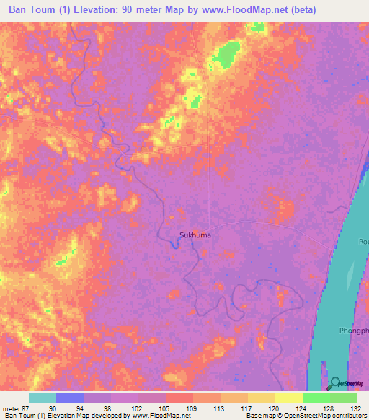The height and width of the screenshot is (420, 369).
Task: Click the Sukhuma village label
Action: click(195, 235)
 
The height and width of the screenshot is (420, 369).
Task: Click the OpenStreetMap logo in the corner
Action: click(346, 383)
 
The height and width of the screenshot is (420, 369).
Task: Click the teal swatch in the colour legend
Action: click(42, 398)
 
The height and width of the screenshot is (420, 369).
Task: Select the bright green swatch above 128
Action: click(316, 398)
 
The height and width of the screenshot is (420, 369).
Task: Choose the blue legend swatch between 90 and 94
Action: click(69, 398)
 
